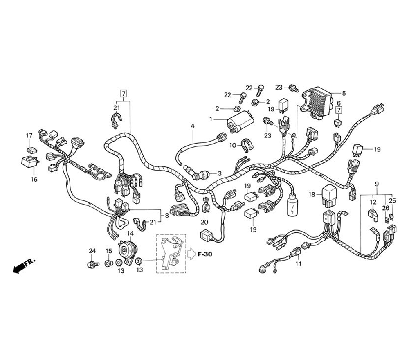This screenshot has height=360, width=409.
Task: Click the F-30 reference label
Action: point(205,254)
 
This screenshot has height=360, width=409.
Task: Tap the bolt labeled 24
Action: point(92,264)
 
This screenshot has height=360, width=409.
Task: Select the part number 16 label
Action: point(34,179)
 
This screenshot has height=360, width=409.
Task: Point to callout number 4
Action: point(193,126)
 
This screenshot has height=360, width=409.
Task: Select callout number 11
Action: point(299,264)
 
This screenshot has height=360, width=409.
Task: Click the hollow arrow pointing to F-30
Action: point(191,254)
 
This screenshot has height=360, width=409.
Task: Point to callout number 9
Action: point(376,184)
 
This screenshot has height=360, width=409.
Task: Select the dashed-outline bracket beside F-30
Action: point(171,254)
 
